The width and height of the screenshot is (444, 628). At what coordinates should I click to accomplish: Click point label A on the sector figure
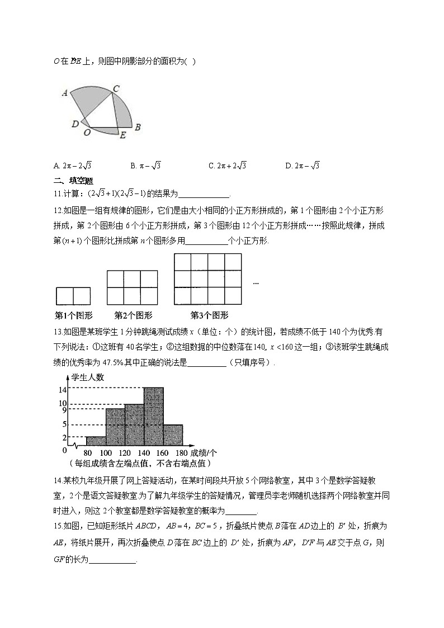click(x=65, y=93)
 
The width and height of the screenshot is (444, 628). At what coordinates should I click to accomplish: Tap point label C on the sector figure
click(x=116, y=88)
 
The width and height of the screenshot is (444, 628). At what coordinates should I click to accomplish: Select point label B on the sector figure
click(x=138, y=127)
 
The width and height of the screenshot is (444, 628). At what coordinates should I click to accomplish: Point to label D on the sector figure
click(x=75, y=124)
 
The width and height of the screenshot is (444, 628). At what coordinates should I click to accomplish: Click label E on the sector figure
click(x=123, y=135)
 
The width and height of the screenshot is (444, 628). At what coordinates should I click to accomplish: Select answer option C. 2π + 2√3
click(x=227, y=166)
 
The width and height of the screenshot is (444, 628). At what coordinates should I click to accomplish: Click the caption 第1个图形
click(x=73, y=315)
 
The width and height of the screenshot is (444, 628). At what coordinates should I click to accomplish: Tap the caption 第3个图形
click(x=209, y=315)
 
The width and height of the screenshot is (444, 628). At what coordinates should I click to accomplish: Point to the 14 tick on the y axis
click(x=63, y=389)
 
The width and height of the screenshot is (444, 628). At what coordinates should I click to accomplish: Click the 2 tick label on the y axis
click(x=65, y=437)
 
